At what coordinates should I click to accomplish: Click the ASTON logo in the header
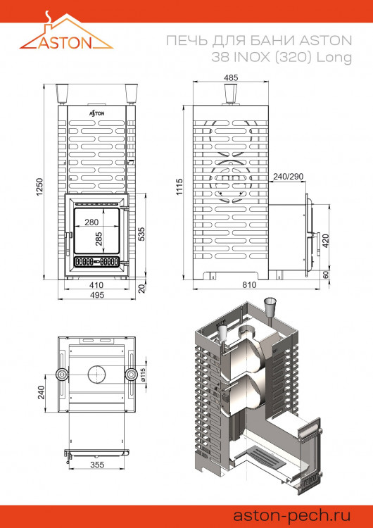pyautogui.click(x=65, y=36)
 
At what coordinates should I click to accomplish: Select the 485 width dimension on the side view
pyautogui.click(x=232, y=77)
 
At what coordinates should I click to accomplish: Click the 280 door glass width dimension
pyautogui.click(x=90, y=222)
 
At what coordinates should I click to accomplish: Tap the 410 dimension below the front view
pyautogui.click(x=97, y=285)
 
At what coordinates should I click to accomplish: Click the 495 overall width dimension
pyautogui.click(x=97, y=295)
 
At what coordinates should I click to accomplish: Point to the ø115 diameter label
pyautogui.click(x=142, y=374)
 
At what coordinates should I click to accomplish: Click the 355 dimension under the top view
pyautogui.click(x=96, y=465)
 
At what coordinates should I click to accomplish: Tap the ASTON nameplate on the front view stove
pyautogui.click(x=97, y=112)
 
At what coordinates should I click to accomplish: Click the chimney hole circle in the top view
pyautogui.click(x=96, y=374)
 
